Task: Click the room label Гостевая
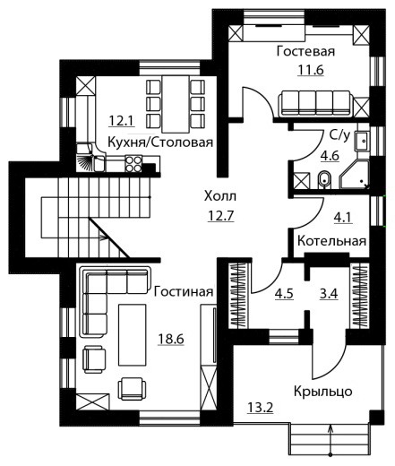pos(305,51)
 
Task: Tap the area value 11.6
pos(311,70)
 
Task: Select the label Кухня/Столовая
pos(160,142)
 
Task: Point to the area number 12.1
pos(122,121)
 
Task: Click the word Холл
pos(220,196)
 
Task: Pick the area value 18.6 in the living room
pos(171,339)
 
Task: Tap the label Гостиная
pos(184,291)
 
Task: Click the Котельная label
pos(331,241)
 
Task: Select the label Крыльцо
pos(323,392)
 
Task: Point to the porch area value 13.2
pos(261,407)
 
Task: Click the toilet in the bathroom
pos(324,180)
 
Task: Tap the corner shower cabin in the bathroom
pos(355,175)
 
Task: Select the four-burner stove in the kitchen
pos(133,164)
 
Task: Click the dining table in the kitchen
pos(176,104)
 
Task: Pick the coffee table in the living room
pos(133,335)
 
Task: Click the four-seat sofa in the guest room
pos(315,104)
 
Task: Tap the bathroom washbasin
pos(363,141)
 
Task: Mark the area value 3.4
pos(329,294)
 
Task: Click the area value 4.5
pos(284,294)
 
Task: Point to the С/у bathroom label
pos(339,135)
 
